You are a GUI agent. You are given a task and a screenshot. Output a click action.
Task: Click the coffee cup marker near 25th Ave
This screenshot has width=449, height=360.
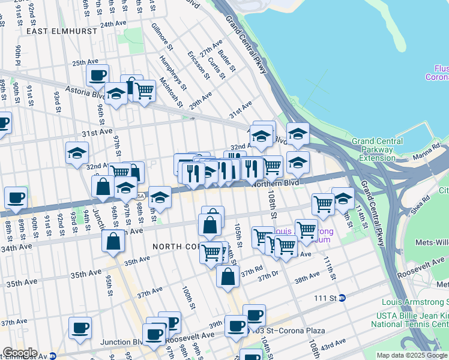click(97, 76)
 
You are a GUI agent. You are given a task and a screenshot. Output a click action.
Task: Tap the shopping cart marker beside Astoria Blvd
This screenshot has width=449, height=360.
click(144, 91)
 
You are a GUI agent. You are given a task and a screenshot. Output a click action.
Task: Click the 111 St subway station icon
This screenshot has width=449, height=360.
click(342, 298)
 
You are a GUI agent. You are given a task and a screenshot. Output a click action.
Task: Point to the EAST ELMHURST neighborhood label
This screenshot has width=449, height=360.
click(58, 29)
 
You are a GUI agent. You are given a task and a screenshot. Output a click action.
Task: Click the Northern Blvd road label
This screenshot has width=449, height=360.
click(276, 183)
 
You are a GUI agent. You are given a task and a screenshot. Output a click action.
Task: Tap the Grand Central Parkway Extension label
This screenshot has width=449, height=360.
click(381, 149)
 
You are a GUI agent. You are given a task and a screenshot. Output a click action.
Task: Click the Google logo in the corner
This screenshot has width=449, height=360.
click(19, 353)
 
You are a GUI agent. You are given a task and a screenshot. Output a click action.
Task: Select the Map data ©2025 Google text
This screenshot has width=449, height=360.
click(412, 355)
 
